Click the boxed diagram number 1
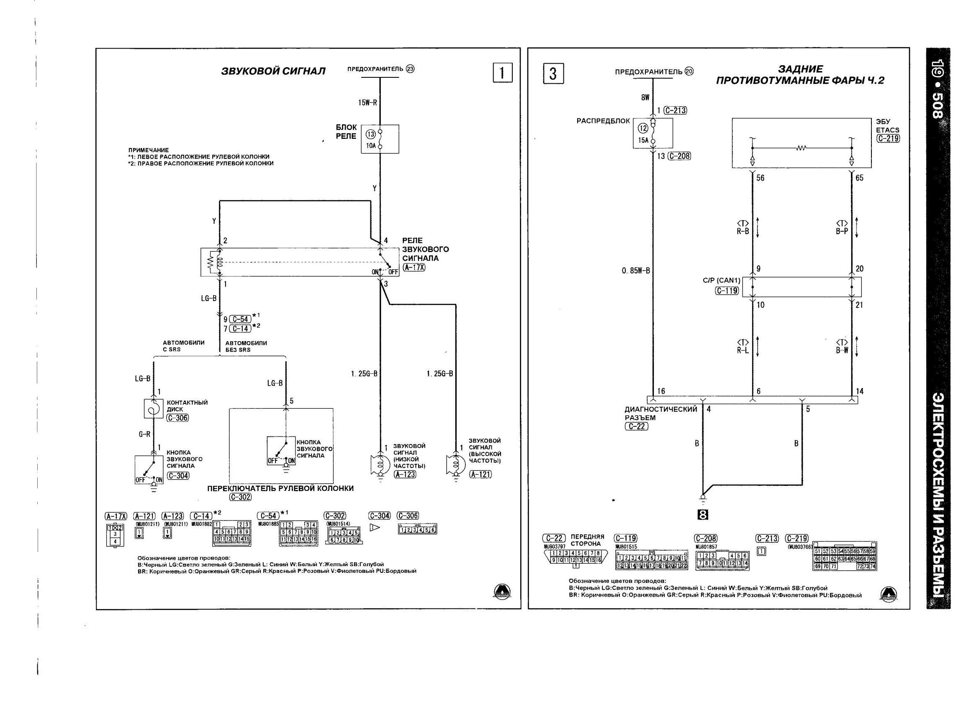[x=502, y=72]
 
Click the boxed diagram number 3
[x=553, y=73]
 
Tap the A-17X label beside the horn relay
[x=414, y=268]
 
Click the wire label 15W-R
[x=368, y=103]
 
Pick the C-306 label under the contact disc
[x=177, y=418]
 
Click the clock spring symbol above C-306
[x=153, y=408]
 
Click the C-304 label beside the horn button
[x=178, y=476]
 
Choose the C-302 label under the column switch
[x=240, y=497]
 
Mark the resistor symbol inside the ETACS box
[x=802, y=148]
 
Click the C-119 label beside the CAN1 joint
[x=727, y=291]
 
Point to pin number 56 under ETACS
[x=760, y=178]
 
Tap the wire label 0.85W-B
[x=635, y=271]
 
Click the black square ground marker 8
[x=703, y=515]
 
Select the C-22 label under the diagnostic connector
[x=636, y=426]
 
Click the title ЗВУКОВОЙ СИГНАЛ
[x=273, y=71]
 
